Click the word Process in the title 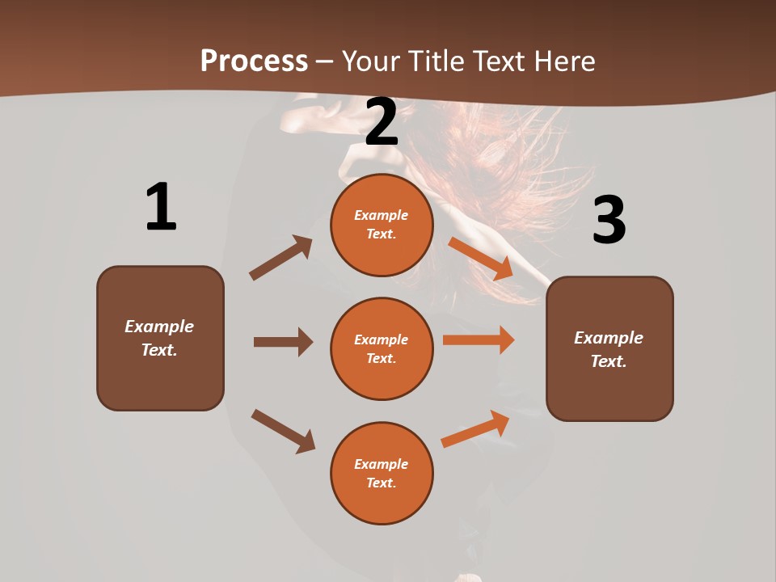254,61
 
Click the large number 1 160,207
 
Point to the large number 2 382,122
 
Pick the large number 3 609,220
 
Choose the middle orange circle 382,349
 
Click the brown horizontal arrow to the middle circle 283,342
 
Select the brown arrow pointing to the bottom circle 283,431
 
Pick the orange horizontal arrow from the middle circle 479,340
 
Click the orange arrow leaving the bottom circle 476,428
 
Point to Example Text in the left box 159,338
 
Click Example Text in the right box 609,349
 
